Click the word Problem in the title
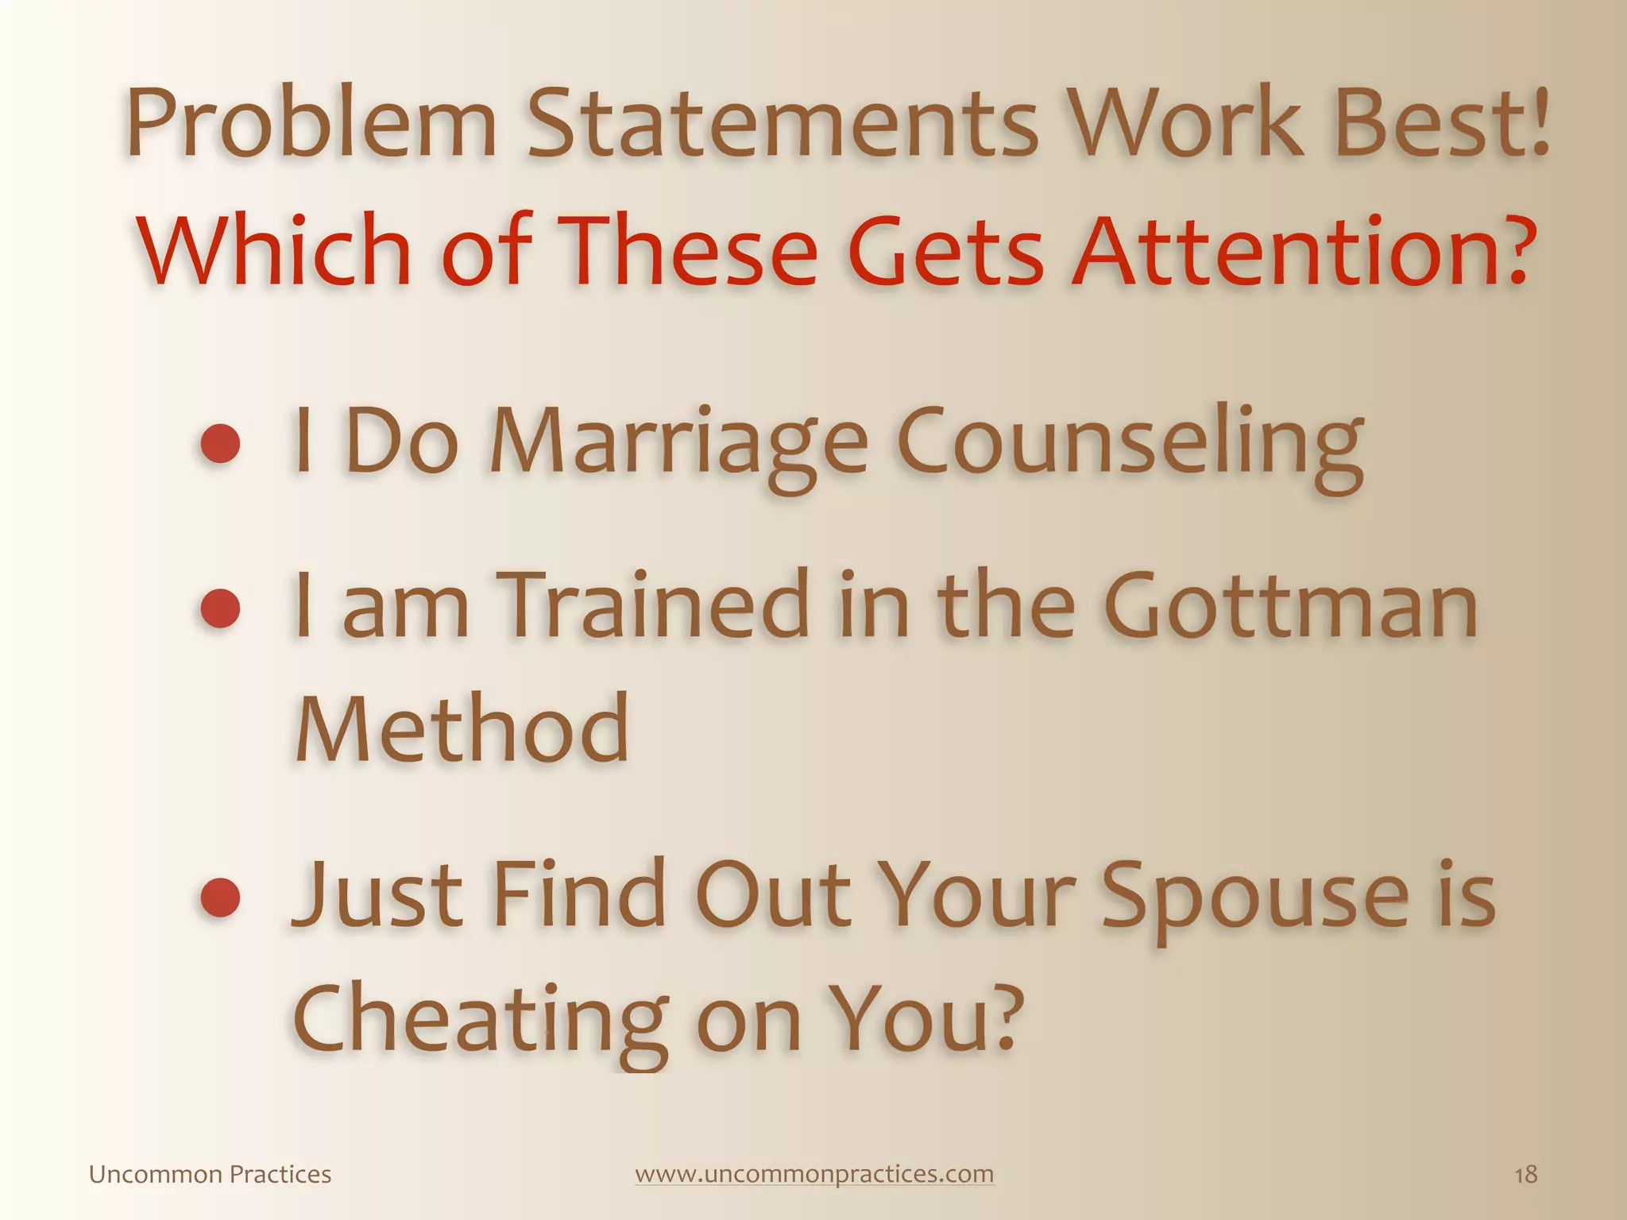click(x=311, y=124)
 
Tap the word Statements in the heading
click(x=783, y=124)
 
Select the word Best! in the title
click(x=1442, y=124)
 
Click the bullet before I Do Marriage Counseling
click(x=220, y=442)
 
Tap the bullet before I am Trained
click(x=220, y=608)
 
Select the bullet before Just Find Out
click(x=220, y=898)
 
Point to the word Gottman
click(x=1291, y=607)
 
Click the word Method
click(x=462, y=728)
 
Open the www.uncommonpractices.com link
click(x=814, y=1174)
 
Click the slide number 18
click(x=1525, y=1175)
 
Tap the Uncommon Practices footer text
click(x=210, y=1175)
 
